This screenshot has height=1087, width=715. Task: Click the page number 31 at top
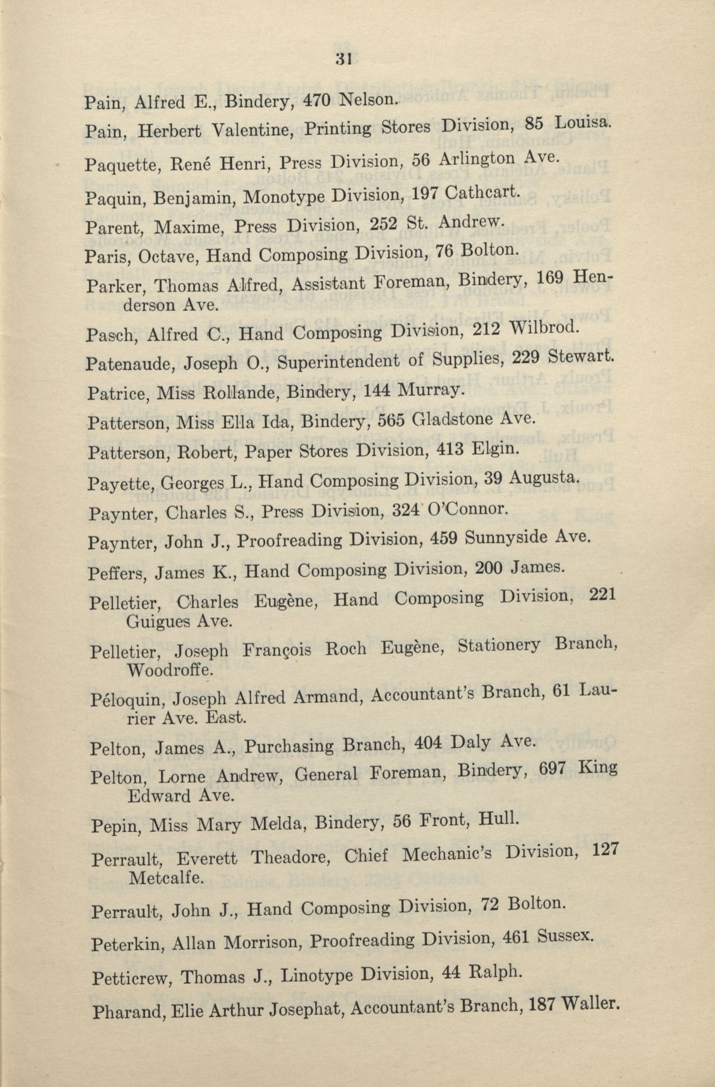(x=343, y=59)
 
